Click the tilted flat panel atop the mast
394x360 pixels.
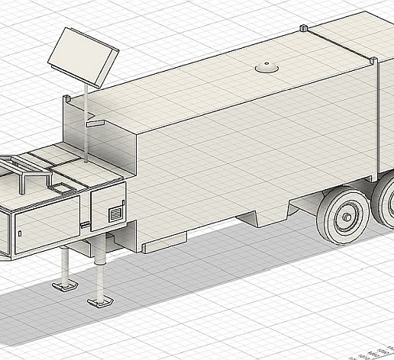tap(83, 57)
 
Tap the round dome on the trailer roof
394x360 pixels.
tap(266, 69)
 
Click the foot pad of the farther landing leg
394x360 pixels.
tap(64, 286)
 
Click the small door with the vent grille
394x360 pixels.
tap(108, 207)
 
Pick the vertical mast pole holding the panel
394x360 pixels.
tap(86, 122)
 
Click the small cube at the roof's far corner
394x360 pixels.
tap(303, 28)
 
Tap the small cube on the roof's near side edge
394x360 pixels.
tap(373, 59)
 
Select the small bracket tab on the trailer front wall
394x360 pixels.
tap(94, 121)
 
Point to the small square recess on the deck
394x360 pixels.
tap(60, 185)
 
